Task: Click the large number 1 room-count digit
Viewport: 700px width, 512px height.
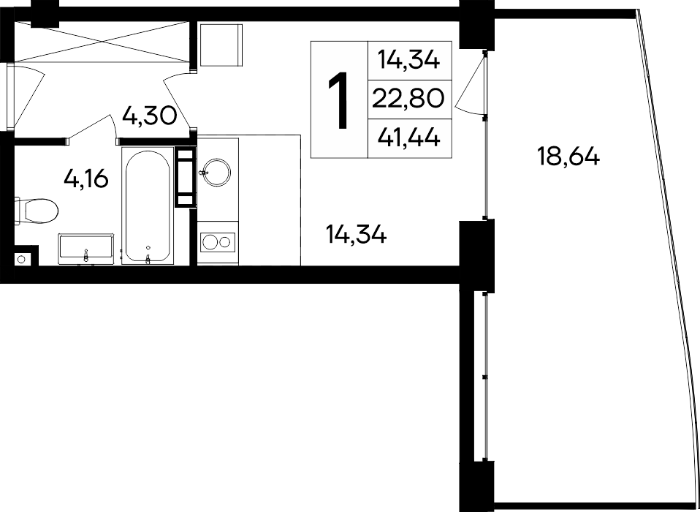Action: tap(338, 101)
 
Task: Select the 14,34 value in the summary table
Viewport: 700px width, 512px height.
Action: tap(409, 60)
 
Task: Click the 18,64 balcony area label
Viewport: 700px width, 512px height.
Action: tap(568, 156)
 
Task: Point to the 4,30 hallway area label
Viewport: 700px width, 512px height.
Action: tap(150, 116)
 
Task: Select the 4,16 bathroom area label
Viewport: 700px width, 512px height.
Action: tap(86, 178)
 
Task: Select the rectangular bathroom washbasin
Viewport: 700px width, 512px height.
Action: tap(86, 246)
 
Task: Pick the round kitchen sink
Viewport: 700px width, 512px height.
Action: tap(217, 173)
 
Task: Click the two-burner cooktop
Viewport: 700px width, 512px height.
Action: tap(217, 241)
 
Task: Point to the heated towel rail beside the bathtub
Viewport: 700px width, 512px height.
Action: tap(186, 177)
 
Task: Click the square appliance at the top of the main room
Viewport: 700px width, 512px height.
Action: tap(221, 43)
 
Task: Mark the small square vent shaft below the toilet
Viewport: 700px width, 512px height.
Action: tap(22, 259)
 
